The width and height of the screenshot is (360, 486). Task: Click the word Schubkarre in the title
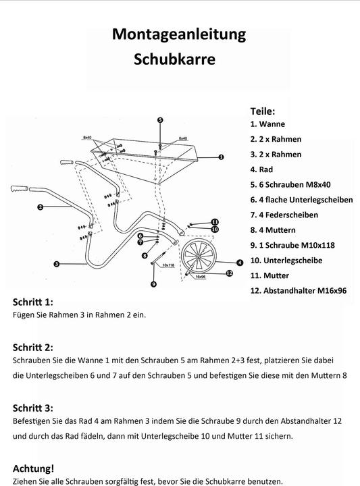click(175, 59)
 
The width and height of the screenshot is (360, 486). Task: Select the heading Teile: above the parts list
click(262, 111)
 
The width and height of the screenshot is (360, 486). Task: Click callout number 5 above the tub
click(160, 119)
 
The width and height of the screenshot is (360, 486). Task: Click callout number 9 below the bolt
click(154, 285)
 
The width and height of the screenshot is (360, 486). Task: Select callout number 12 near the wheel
click(229, 273)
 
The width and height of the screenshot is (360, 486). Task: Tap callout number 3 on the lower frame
click(56, 264)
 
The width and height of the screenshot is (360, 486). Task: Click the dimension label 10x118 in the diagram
click(168, 265)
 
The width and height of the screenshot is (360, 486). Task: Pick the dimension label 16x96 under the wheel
click(200, 277)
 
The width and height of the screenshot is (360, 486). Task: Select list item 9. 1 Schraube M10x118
click(292, 245)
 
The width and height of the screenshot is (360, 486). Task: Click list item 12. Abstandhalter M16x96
click(298, 290)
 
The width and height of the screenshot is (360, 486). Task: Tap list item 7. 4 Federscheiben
click(284, 215)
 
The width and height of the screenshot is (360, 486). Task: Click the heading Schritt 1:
click(42, 302)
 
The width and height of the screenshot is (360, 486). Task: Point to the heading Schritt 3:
click(42, 408)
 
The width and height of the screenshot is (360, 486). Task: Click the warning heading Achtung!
click(34, 468)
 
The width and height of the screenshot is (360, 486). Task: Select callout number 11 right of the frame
click(215, 221)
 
